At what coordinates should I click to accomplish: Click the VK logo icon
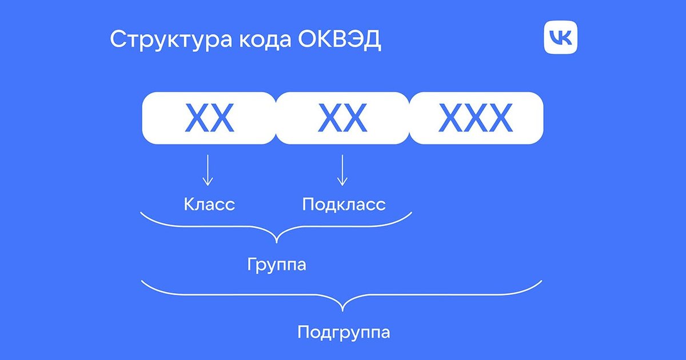point(561,38)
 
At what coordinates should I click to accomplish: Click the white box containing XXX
point(476,118)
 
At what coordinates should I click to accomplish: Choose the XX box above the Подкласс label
point(342,118)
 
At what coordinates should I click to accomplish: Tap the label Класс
point(209,204)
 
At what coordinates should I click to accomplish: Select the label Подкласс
point(344,204)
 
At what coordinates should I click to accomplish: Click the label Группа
point(277,265)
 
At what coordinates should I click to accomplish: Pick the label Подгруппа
point(344,332)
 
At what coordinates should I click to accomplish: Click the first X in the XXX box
point(450,118)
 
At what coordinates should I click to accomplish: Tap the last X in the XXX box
point(501,118)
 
